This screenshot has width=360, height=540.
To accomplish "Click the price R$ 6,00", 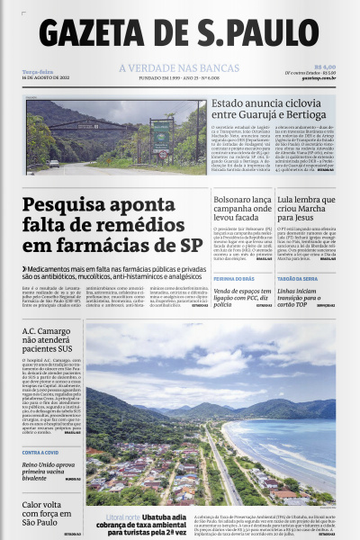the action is [325, 67].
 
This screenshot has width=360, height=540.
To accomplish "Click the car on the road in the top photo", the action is [54, 164].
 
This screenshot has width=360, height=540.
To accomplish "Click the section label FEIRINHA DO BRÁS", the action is [233, 280].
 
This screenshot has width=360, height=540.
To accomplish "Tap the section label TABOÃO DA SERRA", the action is [297, 280].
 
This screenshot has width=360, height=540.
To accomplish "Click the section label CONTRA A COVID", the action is [41, 452].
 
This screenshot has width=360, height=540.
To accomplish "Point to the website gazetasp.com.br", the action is [319, 78].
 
